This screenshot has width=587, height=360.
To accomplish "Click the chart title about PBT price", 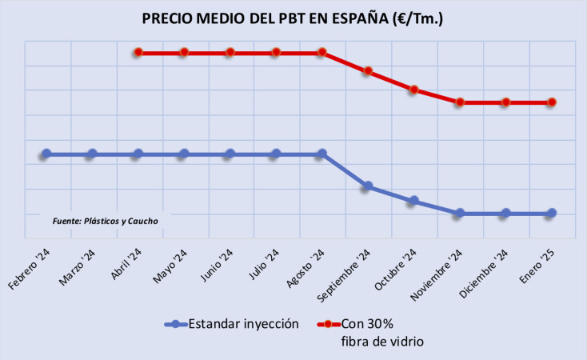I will click(293, 18).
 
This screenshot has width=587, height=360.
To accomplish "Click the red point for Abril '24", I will click(138, 52).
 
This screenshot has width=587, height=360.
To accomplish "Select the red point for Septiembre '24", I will click(368, 71).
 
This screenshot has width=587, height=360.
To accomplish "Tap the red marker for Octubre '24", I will click(413, 90).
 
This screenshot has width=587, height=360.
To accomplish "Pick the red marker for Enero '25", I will click(552, 102).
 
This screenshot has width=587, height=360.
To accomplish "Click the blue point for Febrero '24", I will click(46, 154).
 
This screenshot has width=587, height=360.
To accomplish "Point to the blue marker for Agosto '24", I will click(322, 154).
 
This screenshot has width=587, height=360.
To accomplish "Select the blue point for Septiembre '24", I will click(368, 186).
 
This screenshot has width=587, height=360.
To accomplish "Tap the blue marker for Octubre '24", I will click(413, 201).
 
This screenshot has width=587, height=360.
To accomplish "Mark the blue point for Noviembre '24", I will click(460, 214).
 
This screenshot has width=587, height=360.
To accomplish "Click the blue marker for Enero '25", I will click(552, 214).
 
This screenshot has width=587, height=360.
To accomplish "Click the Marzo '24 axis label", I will click(78, 268).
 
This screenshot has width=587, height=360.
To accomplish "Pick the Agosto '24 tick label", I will click(307, 268).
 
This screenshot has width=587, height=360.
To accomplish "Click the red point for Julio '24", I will click(276, 52).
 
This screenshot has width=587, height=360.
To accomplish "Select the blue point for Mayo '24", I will click(184, 154).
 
